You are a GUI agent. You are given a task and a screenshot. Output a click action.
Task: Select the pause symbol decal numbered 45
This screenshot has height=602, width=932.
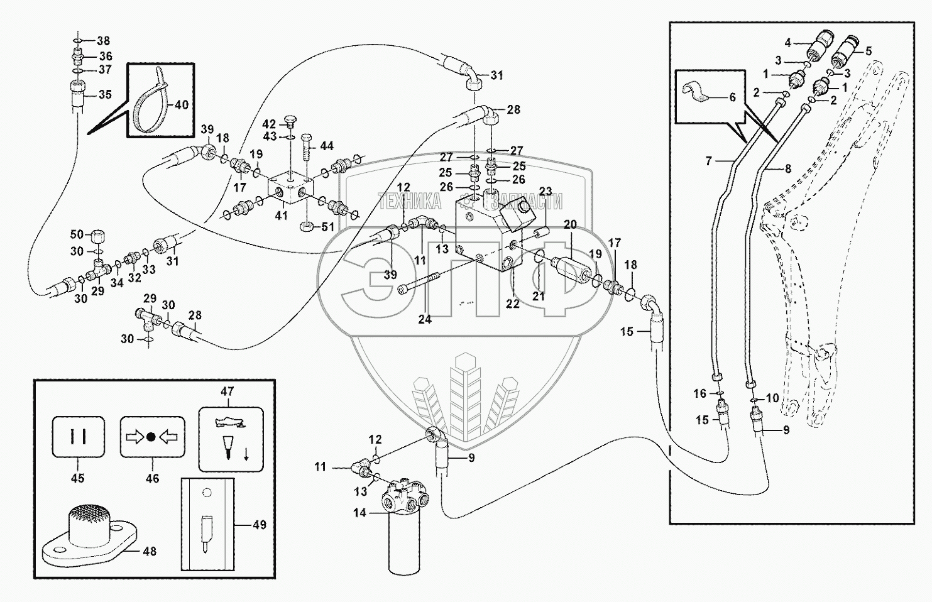coord(79,437)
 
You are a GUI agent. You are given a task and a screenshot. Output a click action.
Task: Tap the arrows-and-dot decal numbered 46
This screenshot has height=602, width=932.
coord(152,437)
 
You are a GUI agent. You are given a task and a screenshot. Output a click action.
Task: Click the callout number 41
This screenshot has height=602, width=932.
coord(282,215)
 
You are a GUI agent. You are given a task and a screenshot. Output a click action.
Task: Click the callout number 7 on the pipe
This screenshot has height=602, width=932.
coord(709,161)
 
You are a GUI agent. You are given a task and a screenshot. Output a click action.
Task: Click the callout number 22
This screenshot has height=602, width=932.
coord(513,303)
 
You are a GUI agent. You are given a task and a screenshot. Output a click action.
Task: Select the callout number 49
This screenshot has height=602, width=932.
coord(260,524)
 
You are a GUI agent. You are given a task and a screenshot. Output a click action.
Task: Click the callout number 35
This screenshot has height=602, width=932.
coord(104,95)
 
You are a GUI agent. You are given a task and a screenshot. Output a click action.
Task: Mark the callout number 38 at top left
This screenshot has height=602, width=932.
coord(103,41)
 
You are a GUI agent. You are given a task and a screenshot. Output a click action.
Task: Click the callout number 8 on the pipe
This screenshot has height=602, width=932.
coord(787,168)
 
